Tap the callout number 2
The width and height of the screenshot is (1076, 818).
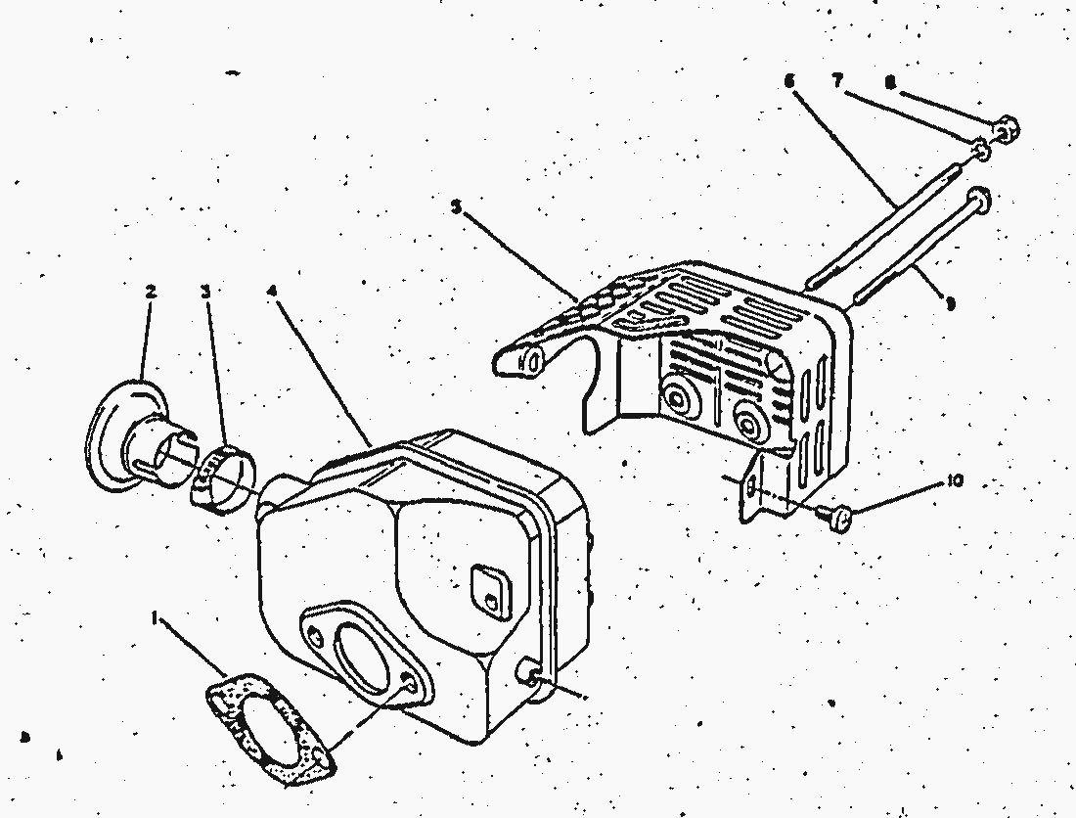click(151, 292)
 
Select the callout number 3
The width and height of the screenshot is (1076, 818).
click(205, 292)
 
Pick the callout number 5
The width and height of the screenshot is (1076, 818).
click(456, 206)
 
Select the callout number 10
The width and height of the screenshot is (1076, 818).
click(955, 481)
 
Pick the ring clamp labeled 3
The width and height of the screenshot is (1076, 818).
click(221, 476)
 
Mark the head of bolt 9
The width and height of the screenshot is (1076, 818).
click(980, 201)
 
